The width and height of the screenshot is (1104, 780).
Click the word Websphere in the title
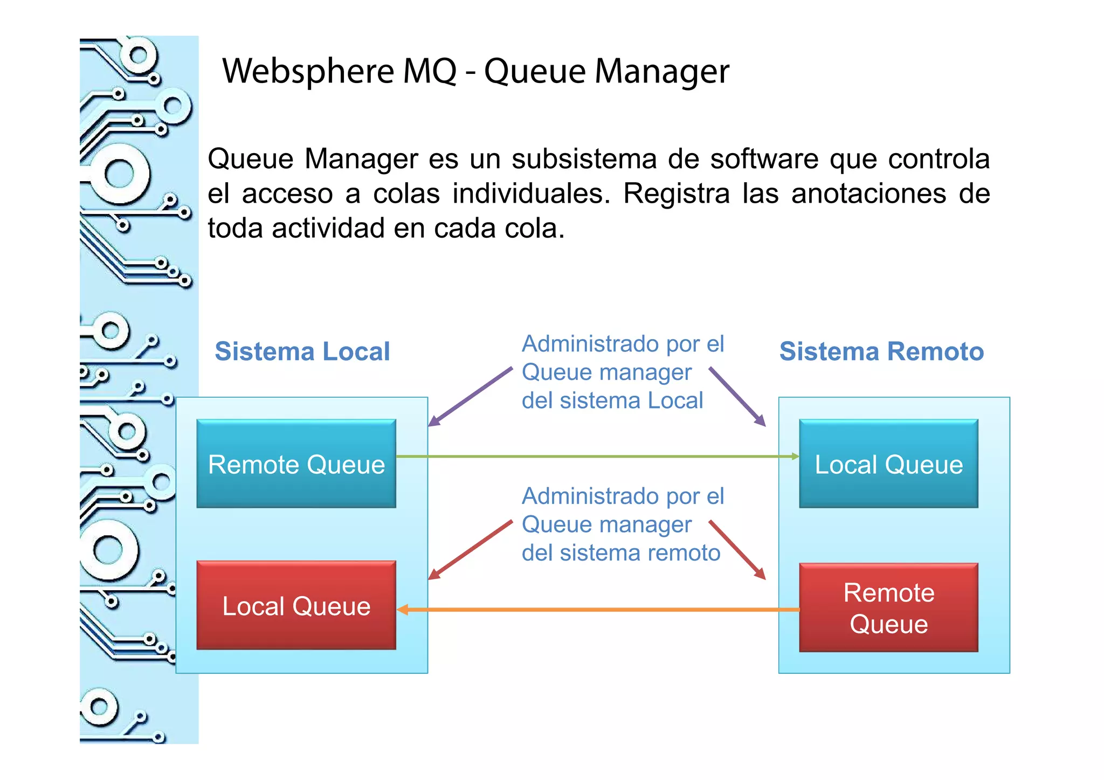(x=308, y=72)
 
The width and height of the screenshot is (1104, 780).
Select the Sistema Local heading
(x=302, y=351)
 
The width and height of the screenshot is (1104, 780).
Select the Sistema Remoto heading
(x=881, y=351)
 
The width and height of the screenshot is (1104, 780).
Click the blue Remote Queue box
(x=296, y=464)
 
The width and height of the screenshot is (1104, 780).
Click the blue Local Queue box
(x=888, y=464)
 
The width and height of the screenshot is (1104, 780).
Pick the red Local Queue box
(x=296, y=606)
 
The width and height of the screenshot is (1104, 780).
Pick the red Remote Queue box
(x=888, y=608)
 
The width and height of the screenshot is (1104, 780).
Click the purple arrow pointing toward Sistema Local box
(x=470, y=397)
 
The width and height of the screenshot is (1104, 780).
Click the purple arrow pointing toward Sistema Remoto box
(x=737, y=397)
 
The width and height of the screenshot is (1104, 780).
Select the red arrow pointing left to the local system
(x=470, y=550)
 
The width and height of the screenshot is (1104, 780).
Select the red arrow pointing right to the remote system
(x=737, y=550)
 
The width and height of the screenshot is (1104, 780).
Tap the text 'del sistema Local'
(x=612, y=401)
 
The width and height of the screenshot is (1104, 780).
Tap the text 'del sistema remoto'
(x=621, y=553)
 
